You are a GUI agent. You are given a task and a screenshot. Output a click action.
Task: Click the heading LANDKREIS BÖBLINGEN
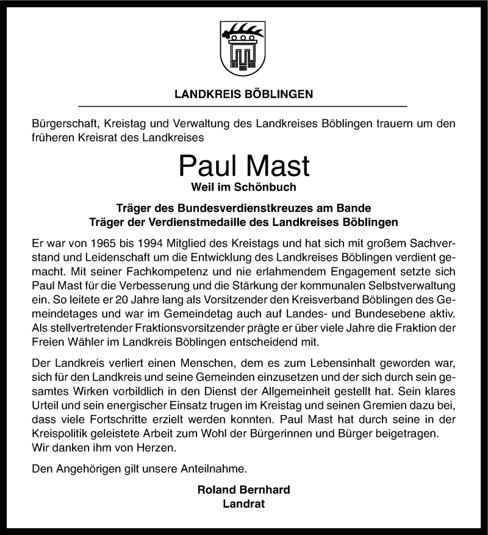pos(244,94)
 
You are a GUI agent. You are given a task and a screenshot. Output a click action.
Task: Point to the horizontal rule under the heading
pos(244,107)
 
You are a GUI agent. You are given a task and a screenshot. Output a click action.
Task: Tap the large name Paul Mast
pos(244,166)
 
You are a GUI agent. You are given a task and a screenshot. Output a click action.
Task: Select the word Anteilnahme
pos(211,469)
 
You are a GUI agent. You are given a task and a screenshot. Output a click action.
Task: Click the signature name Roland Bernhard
pos(244,490)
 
